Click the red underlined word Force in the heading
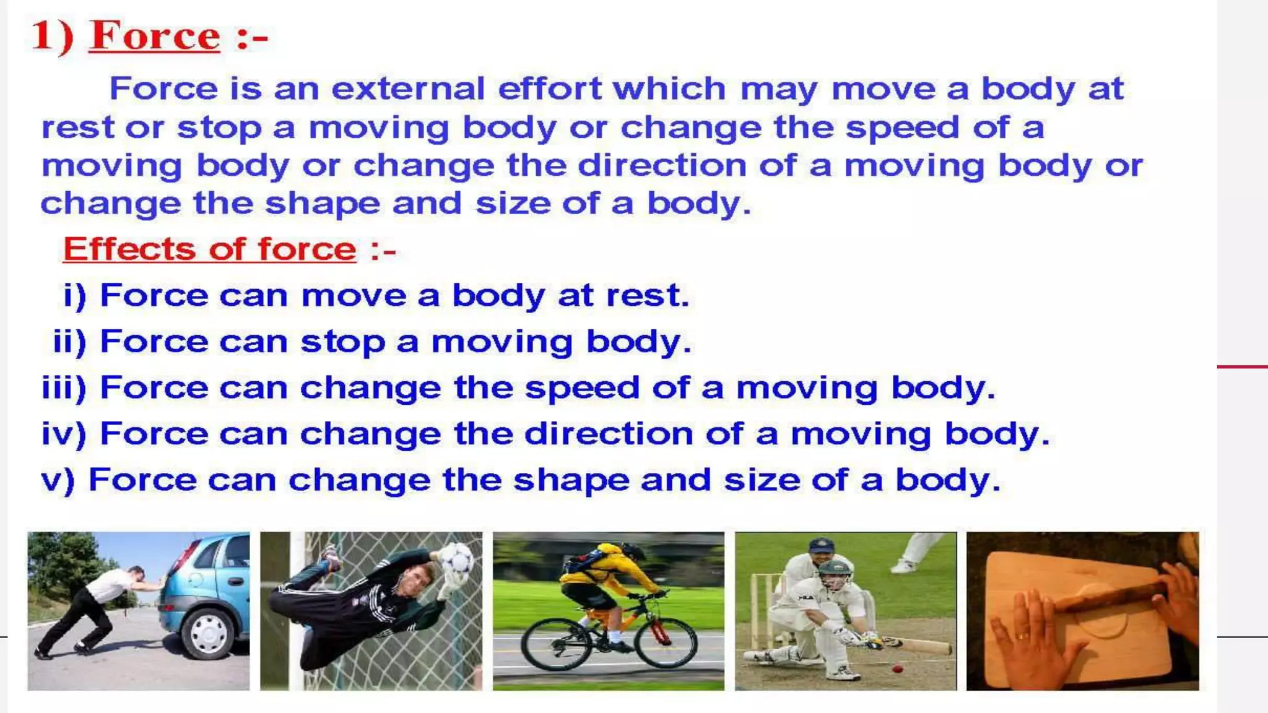pos(155,36)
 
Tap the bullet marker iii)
pos(63,388)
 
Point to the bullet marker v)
pos(58,480)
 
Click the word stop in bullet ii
pos(342,342)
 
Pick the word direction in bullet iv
pos(609,434)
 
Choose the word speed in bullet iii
pos(582,389)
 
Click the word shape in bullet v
pos(571,480)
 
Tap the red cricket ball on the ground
pos(897,669)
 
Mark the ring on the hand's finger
pos(1023,635)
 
